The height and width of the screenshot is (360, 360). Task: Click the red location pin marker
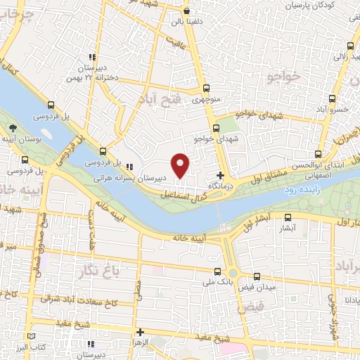tap(181, 165)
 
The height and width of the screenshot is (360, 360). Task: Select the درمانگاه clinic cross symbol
tap(221, 174)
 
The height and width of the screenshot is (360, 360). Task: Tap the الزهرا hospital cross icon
tap(141, 332)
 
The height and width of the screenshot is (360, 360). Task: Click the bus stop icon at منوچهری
tap(205, 89)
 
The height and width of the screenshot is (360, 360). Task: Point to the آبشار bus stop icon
tap(288, 218)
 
